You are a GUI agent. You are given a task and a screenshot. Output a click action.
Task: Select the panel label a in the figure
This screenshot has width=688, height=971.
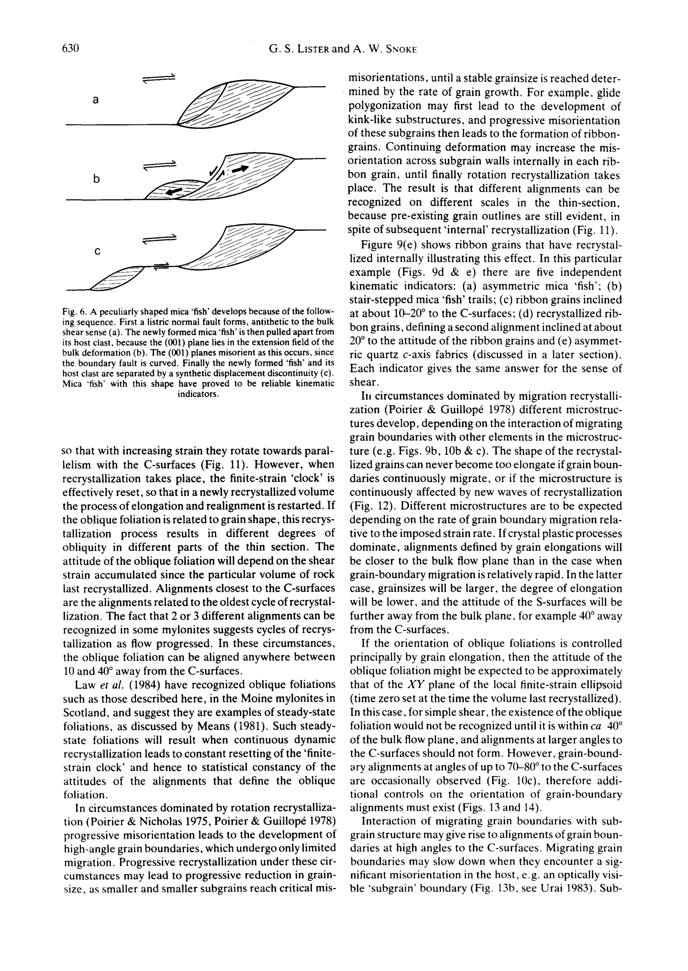click(x=96, y=100)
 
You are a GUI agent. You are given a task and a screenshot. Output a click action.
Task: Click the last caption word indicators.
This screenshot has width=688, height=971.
click(x=198, y=394)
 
